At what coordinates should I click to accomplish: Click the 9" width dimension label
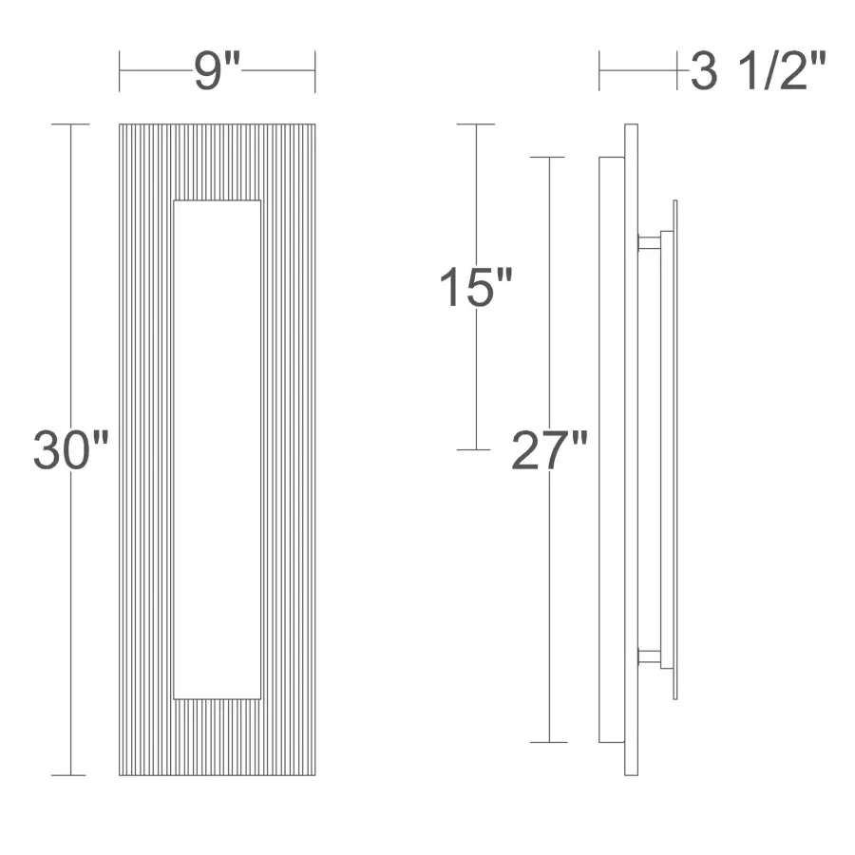click(x=218, y=72)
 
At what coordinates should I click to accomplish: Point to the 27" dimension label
click(x=549, y=450)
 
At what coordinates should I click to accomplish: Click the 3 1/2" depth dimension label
click(x=758, y=72)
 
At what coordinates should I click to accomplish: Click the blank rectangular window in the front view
click(x=218, y=449)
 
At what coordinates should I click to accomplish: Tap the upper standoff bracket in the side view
click(x=650, y=242)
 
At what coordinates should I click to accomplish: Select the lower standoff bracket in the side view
click(x=650, y=655)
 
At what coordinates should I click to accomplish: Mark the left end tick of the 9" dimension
click(x=120, y=72)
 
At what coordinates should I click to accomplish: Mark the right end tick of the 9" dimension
click(x=314, y=72)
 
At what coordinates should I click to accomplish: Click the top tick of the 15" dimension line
click(x=475, y=124)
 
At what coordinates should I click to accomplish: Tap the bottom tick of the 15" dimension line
click(x=475, y=449)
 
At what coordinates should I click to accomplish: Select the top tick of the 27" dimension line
click(x=549, y=157)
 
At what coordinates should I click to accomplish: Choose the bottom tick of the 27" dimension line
click(x=549, y=742)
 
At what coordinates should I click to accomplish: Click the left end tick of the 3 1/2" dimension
click(x=599, y=71)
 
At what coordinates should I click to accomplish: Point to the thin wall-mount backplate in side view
click(x=674, y=449)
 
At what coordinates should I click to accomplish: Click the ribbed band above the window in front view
click(x=218, y=161)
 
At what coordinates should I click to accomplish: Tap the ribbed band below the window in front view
click(x=218, y=737)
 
